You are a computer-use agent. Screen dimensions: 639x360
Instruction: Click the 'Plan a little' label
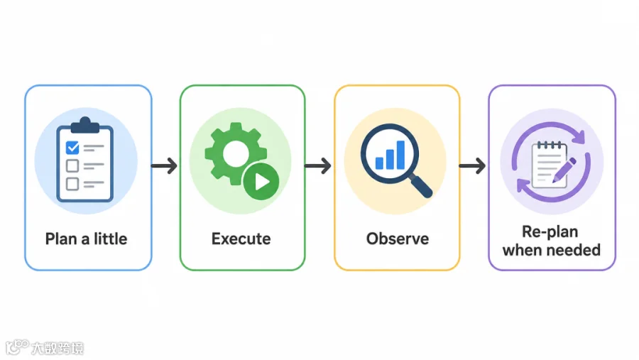(x=86, y=239)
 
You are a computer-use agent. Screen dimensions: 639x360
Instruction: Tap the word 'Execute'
(x=241, y=239)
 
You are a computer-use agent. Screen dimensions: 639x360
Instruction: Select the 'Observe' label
(x=398, y=239)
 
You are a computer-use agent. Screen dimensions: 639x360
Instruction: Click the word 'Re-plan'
(x=550, y=232)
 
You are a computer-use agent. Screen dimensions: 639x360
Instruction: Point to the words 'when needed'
(x=552, y=250)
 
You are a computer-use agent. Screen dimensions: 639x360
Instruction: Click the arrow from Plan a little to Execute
(x=164, y=166)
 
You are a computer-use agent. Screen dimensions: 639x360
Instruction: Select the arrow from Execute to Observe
(x=318, y=166)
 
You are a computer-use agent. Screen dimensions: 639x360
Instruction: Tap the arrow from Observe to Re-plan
(x=472, y=166)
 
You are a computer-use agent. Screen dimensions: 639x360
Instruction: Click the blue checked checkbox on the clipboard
(x=72, y=148)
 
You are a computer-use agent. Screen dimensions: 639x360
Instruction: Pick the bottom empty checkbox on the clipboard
(x=72, y=184)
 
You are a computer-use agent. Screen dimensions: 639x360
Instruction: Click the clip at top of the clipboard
(x=85, y=126)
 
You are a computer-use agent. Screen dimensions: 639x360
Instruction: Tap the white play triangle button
(x=262, y=182)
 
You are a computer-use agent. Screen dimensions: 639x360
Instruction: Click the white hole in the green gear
(x=236, y=154)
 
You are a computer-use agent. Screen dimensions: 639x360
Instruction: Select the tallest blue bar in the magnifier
(x=400, y=155)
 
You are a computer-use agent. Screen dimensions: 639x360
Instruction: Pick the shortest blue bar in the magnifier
(x=379, y=163)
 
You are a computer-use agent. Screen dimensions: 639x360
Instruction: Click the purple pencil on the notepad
(x=564, y=170)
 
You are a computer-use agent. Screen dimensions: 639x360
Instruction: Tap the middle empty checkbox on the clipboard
(x=72, y=166)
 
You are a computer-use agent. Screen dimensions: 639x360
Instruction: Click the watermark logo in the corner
(x=17, y=347)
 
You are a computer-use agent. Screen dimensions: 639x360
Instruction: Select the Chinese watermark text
(x=58, y=348)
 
